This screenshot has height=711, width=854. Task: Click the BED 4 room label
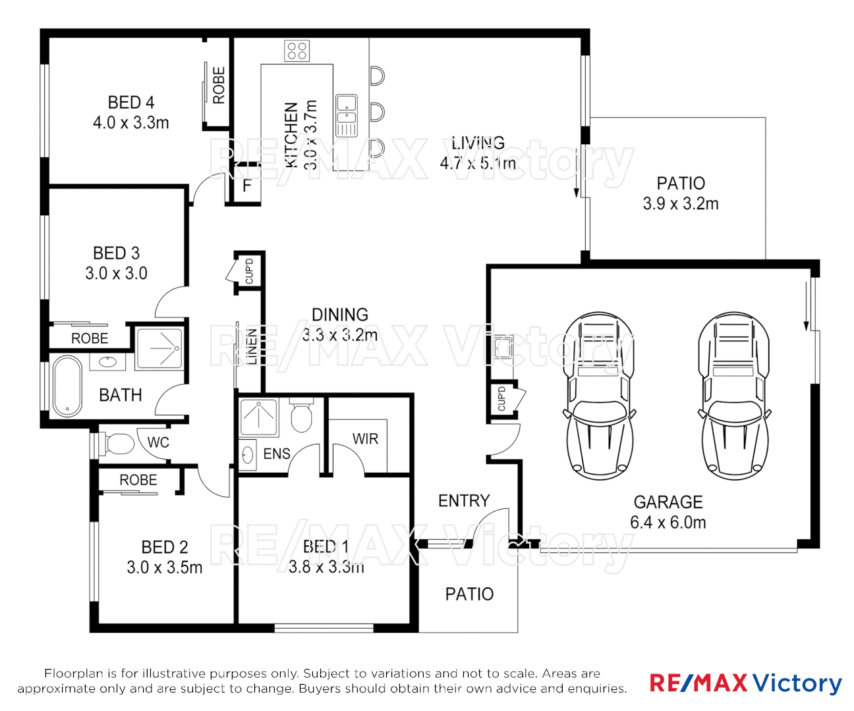coord(131,103)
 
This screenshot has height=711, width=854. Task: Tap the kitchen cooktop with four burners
coord(297,51)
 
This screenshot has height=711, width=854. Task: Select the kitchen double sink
coord(347,115)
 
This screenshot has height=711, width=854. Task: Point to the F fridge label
coord(247,186)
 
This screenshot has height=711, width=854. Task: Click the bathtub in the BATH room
coord(67,386)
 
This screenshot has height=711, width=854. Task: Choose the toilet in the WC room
coord(117,443)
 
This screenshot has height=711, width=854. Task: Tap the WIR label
coord(365,439)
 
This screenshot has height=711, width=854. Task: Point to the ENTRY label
coord(464,501)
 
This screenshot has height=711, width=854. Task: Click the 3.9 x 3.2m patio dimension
coord(681,204)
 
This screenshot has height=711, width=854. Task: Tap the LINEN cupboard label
coord(252,346)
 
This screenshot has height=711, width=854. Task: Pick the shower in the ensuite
coord(259,417)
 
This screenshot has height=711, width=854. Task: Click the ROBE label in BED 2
coord(138,481)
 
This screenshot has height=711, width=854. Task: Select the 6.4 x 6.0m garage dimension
coord(668,523)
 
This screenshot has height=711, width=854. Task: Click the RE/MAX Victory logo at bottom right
coord(745,683)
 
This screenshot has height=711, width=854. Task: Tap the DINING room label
coord(340,315)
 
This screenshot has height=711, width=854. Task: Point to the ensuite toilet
coord(301,415)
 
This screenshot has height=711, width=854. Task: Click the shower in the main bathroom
coord(159,348)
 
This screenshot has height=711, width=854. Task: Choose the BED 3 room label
coord(117,253)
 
